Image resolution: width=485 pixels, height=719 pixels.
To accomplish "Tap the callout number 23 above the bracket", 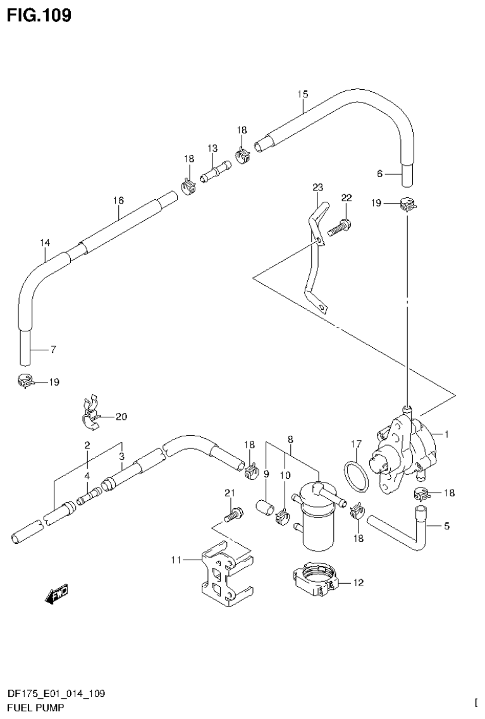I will pos(317,187).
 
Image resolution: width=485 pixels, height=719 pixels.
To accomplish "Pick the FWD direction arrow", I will pos(56,594).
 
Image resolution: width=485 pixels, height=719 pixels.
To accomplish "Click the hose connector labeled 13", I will pos(214,171).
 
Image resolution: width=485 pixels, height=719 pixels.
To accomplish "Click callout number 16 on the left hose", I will pos(118,200).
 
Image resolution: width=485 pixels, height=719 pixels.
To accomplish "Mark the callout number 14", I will pos(44,242).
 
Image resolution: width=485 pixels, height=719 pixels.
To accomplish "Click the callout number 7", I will pos(54,349).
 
